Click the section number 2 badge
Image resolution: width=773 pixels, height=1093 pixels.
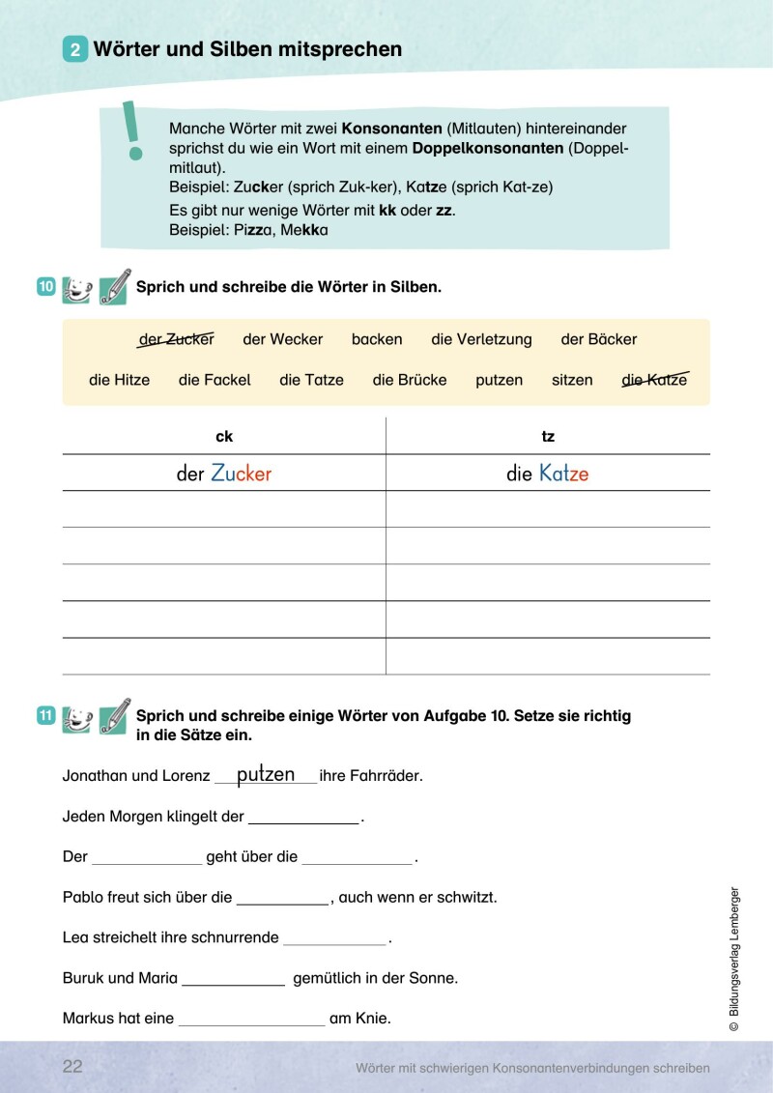click(x=75, y=49)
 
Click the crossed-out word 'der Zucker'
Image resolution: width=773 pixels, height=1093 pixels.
click(x=177, y=339)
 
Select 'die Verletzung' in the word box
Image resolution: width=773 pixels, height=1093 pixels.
click(x=481, y=339)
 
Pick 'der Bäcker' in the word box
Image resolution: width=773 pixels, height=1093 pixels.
click(x=599, y=339)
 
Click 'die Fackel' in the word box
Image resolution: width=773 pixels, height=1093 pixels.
click(x=215, y=380)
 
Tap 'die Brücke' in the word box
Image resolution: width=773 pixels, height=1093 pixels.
click(x=410, y=380)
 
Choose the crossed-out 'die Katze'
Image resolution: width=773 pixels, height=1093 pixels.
click(x=654, y=380)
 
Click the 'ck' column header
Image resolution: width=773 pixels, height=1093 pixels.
click(x=224, y=437)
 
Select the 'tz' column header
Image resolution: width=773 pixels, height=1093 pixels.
click(x=548, y=437)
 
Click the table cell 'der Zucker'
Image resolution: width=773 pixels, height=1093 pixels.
click(x=224, y=474)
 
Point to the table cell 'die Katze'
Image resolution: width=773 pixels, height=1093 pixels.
click(x=547, y=474)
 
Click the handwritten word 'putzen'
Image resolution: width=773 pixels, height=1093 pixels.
click(x=266, y=774)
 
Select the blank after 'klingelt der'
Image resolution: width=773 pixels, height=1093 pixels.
click(x=303, y=819)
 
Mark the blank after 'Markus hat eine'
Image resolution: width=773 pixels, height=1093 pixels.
click(x=251, y=1021)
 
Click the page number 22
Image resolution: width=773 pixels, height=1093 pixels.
click(x=72, y=1067)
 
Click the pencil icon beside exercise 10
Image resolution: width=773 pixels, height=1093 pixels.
click(x=114, y=287)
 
